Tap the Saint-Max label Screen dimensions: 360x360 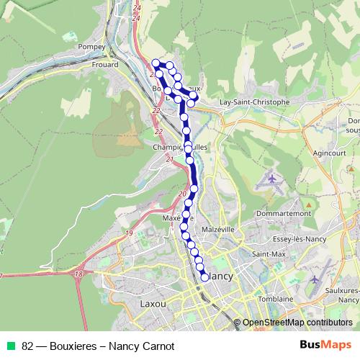[266, 254]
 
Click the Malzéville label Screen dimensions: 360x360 [219, 230]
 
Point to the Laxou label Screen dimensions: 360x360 [153, 305]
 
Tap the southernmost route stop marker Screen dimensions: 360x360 [204, 276]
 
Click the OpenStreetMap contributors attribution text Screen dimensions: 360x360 [297, 323]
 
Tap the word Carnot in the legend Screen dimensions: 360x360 [158, 346]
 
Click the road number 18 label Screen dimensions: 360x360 [78, 274]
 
